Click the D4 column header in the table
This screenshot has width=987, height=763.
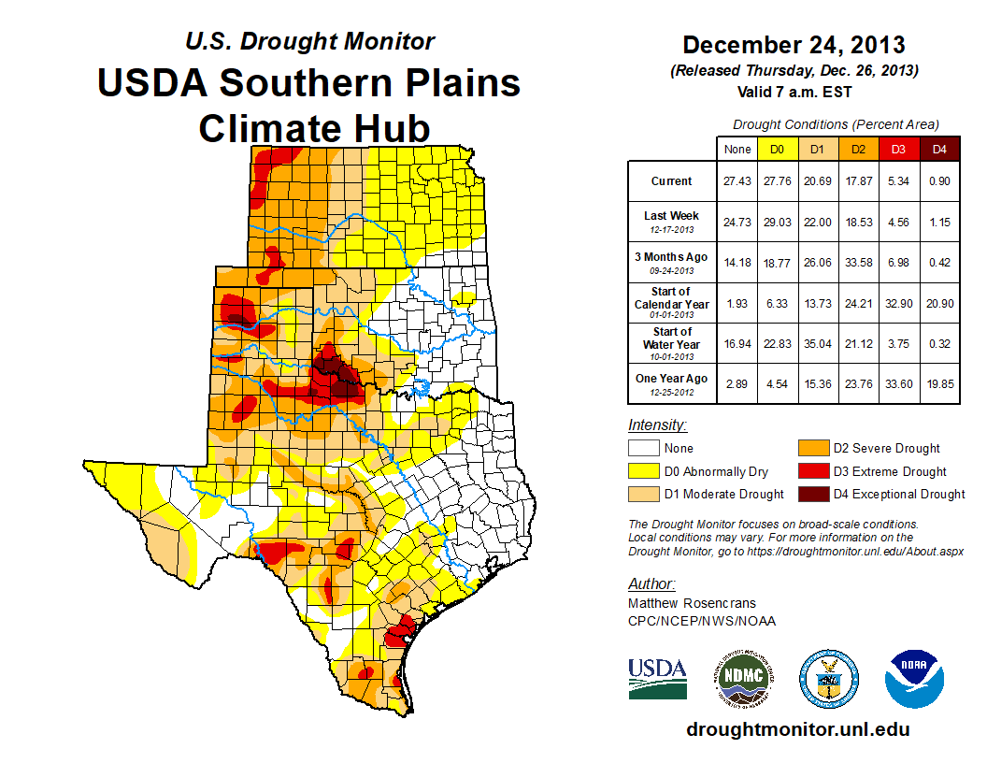pyautogui.click(x=939, y=149)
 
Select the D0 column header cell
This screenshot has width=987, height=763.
pyautogui.click(x=777, y=149)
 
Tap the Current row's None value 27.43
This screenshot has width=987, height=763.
pyautogui.click(x=737, y=181)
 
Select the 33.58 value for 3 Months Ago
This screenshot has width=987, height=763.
pyautogui.click(x=858, y=262)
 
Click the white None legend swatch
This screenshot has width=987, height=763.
pyautogui.click(x=645, y=449)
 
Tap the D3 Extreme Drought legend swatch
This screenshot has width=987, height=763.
pyautogui.click(x=812, y=471)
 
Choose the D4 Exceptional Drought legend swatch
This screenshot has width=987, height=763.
pyautogui.click(x=812, y=494)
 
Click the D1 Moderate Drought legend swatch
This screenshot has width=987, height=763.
pyautogui.click(x=645, y=494)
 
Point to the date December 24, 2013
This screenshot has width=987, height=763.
pyautogui.click(x=794, y=45)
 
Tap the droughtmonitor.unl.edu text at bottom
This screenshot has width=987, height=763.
pyautogui.click(x=797, y=729)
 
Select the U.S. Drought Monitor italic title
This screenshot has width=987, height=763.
pyautogui.click(x=309, y=41)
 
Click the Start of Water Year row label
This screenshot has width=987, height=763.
pyautogui.click(x=671, y=342)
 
